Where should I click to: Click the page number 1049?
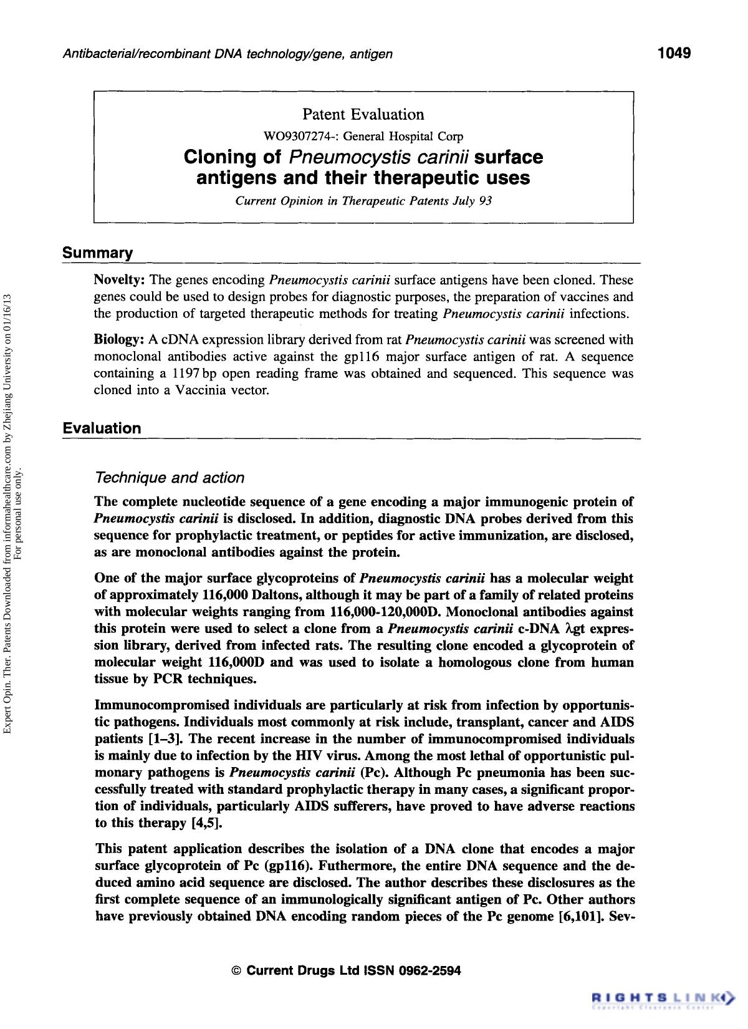click(x=674, y=52)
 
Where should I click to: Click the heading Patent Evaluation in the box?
click(x=363, y=114)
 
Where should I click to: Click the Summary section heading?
click(x=97, y=253)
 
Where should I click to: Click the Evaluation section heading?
click(x=102, y=428)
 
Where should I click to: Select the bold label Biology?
click(x=119, y=340)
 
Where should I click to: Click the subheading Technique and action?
click(x=169, y=478)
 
